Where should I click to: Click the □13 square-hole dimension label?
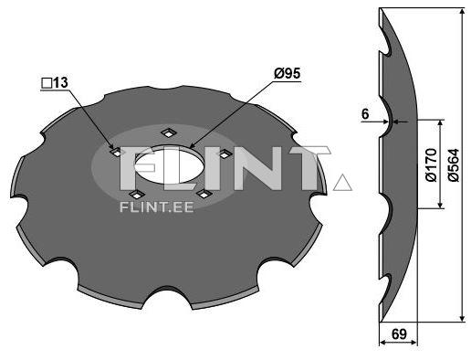tap(55, 83)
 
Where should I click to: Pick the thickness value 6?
tap(365, 113)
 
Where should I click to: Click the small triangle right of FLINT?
tap(343, 183)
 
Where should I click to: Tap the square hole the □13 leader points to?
tap(115, 153)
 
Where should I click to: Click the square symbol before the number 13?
tap(45, 83)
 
